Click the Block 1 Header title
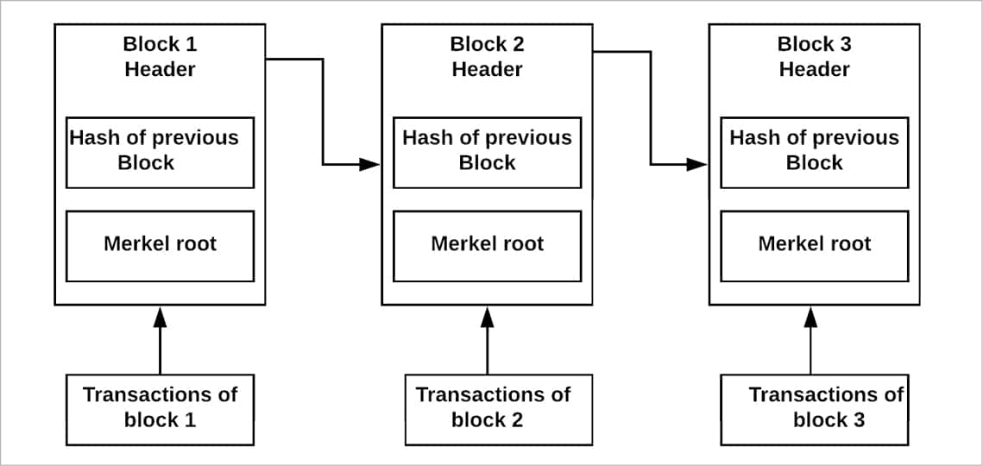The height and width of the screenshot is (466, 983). [160, 57]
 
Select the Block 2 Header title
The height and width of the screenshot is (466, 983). [487, 57]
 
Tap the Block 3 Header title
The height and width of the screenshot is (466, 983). [814, 57]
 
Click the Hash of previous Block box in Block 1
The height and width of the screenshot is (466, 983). [160, 152]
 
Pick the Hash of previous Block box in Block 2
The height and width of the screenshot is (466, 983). [487, 152]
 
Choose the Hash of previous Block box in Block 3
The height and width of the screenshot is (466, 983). [814, 152]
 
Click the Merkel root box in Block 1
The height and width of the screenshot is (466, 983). [160, 245]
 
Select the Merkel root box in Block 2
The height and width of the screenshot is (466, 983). [487, 245]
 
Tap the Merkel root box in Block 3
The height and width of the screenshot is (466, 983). [814, 245]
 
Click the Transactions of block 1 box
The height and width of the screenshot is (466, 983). [160, 409]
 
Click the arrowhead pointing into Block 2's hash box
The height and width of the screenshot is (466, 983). [370, 164]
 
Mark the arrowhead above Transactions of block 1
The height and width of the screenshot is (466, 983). [160, 318]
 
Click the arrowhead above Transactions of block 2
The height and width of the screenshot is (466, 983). [487, 318]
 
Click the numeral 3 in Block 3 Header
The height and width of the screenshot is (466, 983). [843, 44]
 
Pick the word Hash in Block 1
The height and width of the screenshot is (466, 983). [91, 138]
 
